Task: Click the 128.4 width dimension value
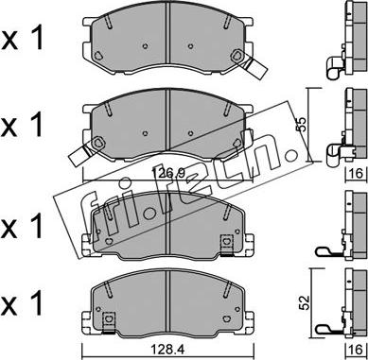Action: pos(167,350)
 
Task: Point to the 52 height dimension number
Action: pos(306,303)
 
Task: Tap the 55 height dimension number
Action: pos(302,125)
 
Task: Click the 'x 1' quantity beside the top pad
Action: pos(22,40)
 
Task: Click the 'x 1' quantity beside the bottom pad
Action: pos(22,304)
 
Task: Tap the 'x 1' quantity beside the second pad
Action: pos(22,125)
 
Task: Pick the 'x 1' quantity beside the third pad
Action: pos(22,227)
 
